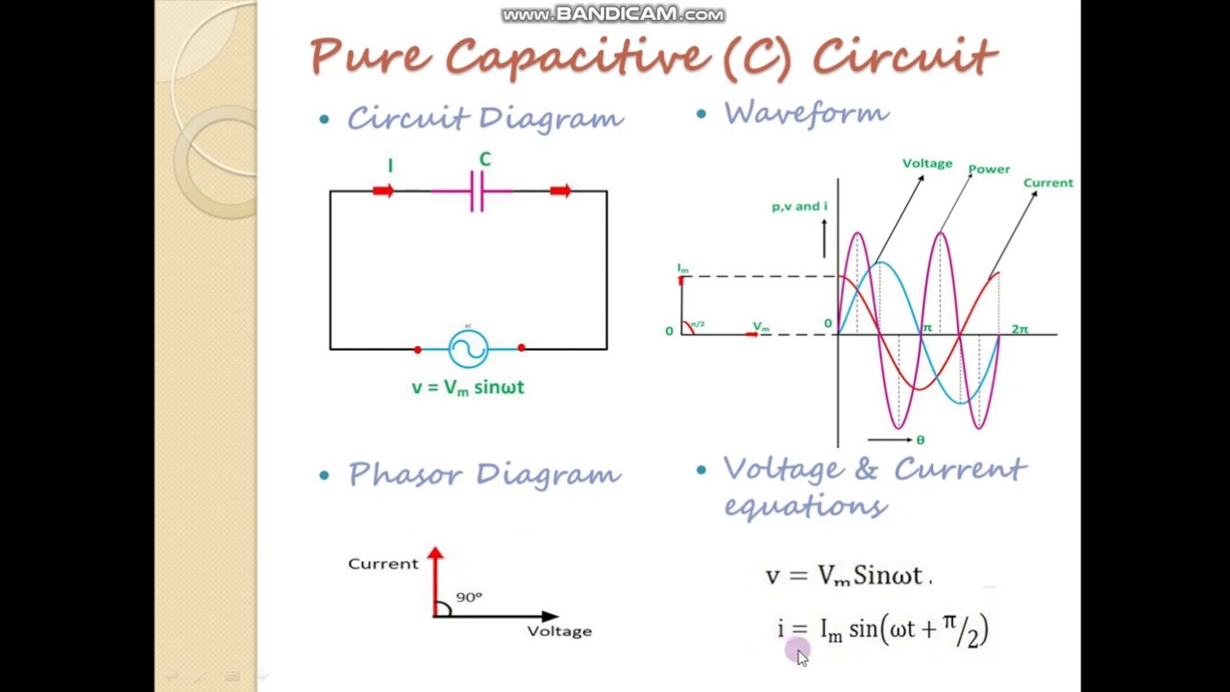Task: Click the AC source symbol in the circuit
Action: [x=468, y=349]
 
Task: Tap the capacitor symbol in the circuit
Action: [x=477, y=192]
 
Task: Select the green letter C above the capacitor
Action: [x=484, y=161]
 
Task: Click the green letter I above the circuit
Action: [x=390, y=166]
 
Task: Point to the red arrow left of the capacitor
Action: [x=382, y=191]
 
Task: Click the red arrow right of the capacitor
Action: [x=560, y=191]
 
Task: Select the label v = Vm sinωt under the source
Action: [x=468, y=387]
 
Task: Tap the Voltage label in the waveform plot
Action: [x=926, y=163]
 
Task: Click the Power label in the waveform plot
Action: [x=989, y=169]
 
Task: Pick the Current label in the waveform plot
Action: [x=1047, y=183]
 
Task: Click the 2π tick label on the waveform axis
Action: [x=1020, y=330]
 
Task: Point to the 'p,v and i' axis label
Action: [x=799, y=207]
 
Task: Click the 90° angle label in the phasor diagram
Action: [x=469, y=597]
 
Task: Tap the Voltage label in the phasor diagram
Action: [x=559, y=631]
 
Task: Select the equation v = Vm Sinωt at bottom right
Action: [x=848, y=576]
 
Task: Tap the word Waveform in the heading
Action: [x=806, y=113]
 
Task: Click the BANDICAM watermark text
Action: [x=613, y=14]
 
